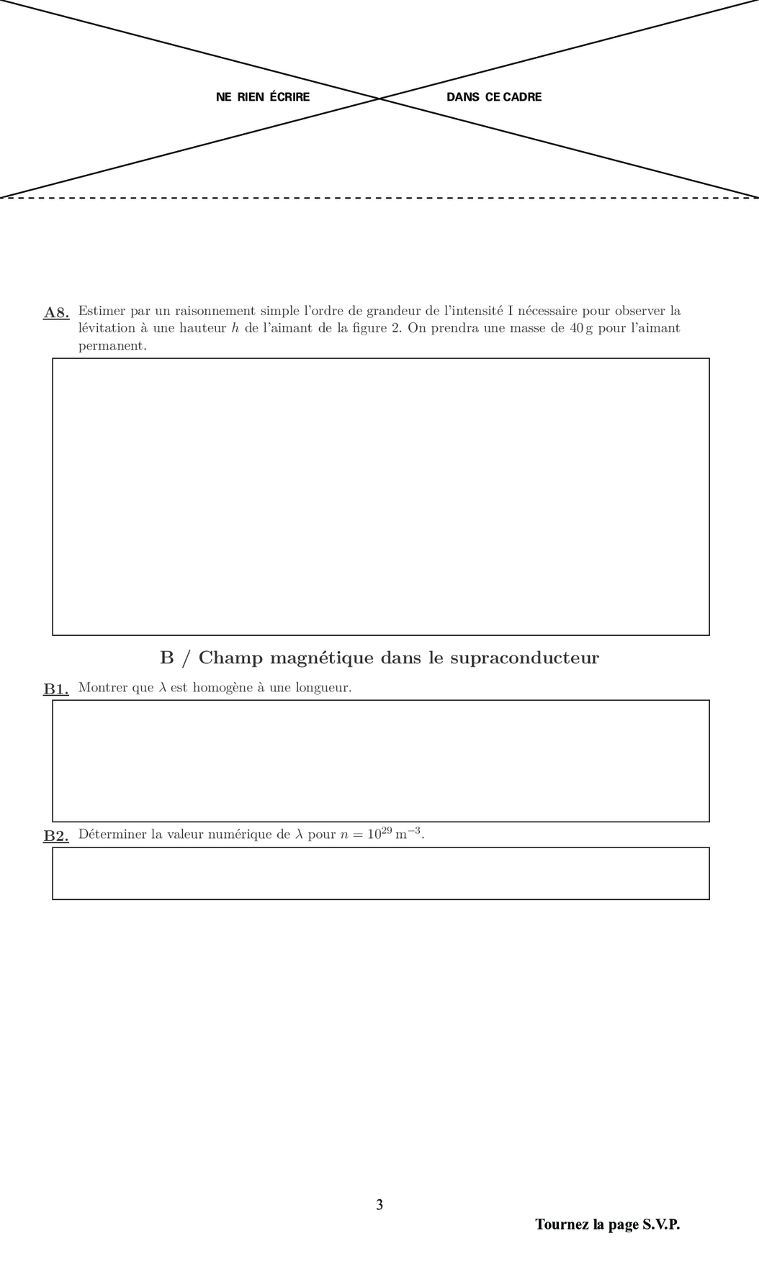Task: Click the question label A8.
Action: tap(56, 312)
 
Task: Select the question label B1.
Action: tap(56, 688)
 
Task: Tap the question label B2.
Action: tap(56, 835)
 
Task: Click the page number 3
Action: tap(379, 1204)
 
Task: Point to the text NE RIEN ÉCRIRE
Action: tap(263, 97)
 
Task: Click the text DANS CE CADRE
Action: tap(494, 97)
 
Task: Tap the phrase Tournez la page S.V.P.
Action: tap(607, 1224)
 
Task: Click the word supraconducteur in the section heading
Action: tap(524, 658)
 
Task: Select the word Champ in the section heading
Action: tap(230, 658)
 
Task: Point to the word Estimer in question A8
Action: tap(102, 311)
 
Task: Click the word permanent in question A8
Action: tap(112, 345)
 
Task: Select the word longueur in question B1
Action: tap(321, 688)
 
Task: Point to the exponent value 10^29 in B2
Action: tap(379, 834)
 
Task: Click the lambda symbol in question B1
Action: tap(162, 687)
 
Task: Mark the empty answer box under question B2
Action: tap(380, 873)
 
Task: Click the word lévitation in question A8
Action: tap(107, 328)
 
